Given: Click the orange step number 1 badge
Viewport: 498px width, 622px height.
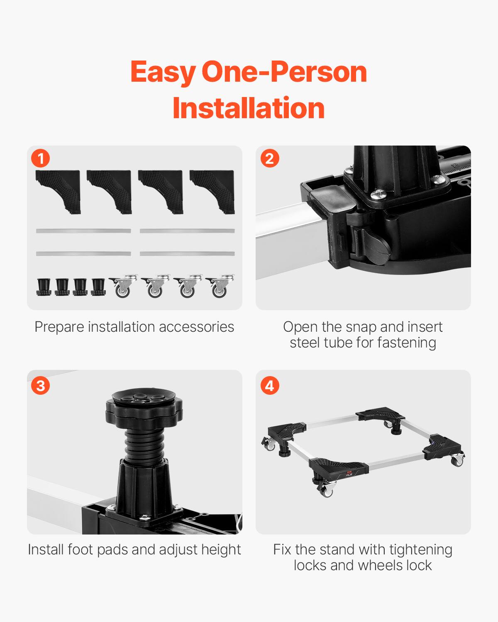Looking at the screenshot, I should pos(41,158).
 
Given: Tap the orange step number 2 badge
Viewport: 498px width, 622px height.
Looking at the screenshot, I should pos(269,158).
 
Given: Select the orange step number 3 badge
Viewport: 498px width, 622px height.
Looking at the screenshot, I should pos(41,386).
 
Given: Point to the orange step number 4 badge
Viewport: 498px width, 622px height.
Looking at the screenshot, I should pos(269,386).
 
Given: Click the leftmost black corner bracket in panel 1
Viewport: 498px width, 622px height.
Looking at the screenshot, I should pos(58,191).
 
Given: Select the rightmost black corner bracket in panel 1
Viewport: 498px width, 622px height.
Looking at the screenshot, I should pos(212,191).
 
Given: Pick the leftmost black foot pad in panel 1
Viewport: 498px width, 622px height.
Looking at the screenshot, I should pos(44,287).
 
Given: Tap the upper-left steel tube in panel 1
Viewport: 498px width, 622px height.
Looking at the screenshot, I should pos(83,231).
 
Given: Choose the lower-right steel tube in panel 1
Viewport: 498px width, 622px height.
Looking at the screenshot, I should pos(187,253).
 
